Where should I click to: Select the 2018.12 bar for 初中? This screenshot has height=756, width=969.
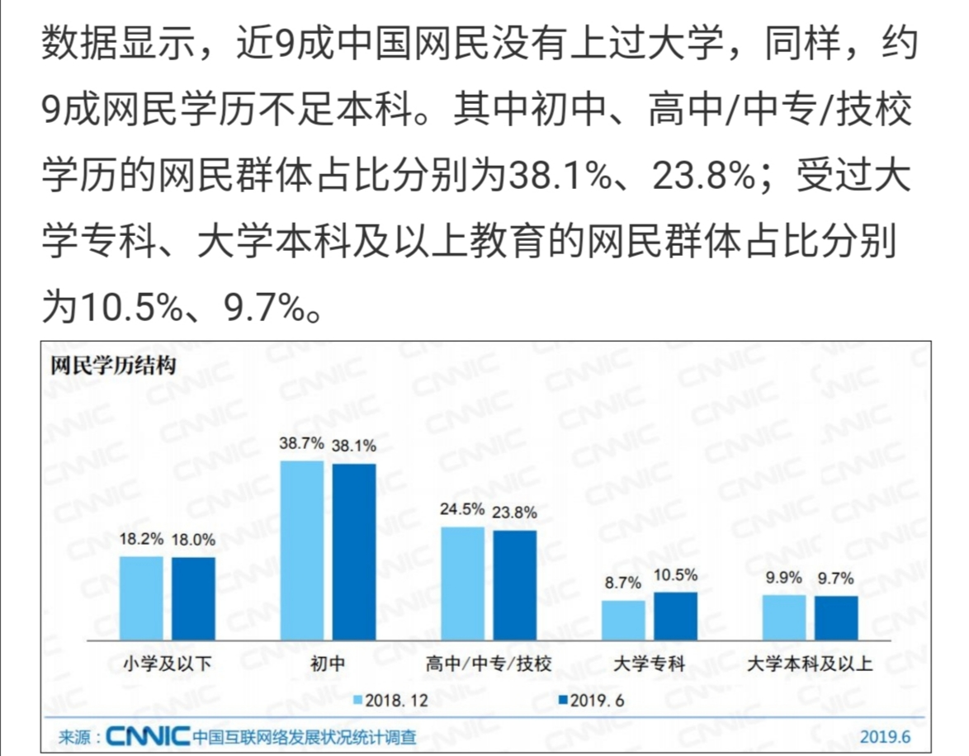point(302,550)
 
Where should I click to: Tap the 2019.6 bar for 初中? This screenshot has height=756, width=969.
point(354,552)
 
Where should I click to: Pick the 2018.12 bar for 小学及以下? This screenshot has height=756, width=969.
point(141,598)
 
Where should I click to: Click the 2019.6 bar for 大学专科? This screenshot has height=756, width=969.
point(676,617)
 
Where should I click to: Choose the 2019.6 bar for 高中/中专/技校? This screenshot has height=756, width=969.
point(515,585)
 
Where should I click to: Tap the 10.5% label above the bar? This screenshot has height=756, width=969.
point(676,575)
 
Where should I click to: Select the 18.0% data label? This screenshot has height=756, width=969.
point(193,541)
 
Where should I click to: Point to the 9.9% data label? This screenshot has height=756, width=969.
point(784,578)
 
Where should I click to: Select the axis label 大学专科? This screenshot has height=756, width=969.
point(650,663)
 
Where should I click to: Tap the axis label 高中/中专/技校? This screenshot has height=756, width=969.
point(489,663)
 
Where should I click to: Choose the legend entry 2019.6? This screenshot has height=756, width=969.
point(592,700)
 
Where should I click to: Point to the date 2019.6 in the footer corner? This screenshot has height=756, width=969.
point(885,735)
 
